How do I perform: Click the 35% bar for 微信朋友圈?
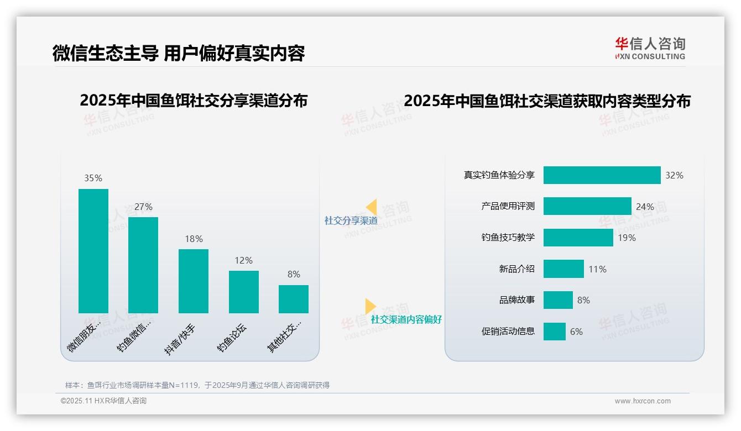click(x=93, y=251)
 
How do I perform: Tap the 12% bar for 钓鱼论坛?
click(x=244, y=292)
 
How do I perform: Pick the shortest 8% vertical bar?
click(x=294, y=299)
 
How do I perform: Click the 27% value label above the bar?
click(x=143, y=207)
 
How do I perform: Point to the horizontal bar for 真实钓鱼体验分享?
click(x=602, y=175)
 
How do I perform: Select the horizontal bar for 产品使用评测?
click(x=587, y=206)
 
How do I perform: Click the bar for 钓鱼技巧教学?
click(x=578, y=238)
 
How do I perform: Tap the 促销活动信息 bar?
click(x=555, y=332)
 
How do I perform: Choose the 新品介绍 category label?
click(x=516, y=269)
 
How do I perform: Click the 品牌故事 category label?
click(x=516, y=300)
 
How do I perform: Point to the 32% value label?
click(x=674, y=175)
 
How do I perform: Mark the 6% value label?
click(x=576, y=332)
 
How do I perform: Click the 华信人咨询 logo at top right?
click(x=650, y=48)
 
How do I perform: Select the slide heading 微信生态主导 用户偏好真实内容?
click(x=179, y=53)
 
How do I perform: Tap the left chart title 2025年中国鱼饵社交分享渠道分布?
click(x=194, y=101)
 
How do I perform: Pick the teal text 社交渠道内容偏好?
click(x=406, y=319)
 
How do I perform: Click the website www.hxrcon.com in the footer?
click(x=643, y=401)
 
